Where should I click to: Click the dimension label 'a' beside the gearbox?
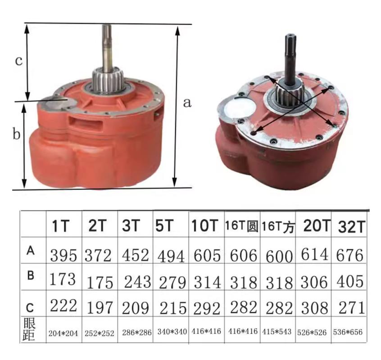click(187, 103)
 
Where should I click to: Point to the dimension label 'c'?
click(19, 61)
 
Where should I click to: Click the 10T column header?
click(204, 225)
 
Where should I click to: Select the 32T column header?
click(352, 227)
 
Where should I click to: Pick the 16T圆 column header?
click(241, 226)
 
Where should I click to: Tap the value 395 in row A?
click(63, 255)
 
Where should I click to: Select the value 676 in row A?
click(350, 255)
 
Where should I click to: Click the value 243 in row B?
click(137, 282)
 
